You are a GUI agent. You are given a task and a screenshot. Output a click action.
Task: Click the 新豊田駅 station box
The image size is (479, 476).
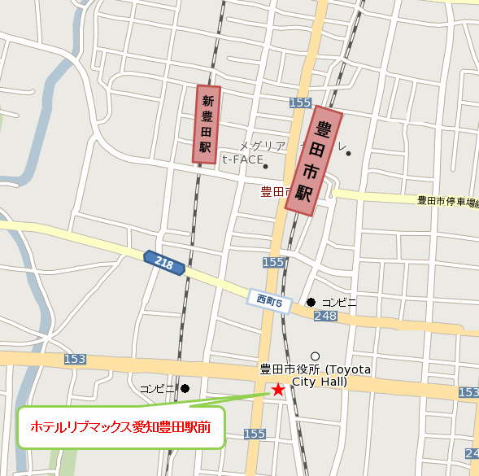tap(208, 124)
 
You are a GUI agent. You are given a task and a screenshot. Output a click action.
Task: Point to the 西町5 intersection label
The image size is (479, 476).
tap(268, 302)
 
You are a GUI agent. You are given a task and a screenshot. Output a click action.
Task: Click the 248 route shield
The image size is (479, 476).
tap(325, 316)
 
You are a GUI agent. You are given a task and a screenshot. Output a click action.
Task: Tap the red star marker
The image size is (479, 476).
tap(278, 390)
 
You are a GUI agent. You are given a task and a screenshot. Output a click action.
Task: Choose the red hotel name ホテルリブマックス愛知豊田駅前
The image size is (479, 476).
tap(120, 426)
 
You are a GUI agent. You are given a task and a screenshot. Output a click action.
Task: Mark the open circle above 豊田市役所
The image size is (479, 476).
tap(316, 356)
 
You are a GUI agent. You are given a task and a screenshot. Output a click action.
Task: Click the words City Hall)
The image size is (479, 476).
tap(320, 382)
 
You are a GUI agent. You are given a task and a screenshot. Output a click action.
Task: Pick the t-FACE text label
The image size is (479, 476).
tap(243, 159)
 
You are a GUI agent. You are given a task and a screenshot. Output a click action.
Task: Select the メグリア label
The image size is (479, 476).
tap(262, 146)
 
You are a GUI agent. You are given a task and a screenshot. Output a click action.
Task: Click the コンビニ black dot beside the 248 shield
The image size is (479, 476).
tap(311, 302)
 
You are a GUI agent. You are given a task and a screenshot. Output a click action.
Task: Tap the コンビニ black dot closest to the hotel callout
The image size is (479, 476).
tap(185, 388)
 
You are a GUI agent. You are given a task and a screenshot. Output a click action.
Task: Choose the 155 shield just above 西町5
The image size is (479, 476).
tap(274, 262)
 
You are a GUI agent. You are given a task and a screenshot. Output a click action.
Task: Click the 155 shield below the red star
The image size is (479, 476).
tap(255, 434)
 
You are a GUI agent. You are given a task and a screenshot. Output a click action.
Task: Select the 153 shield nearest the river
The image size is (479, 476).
tap(74, 359)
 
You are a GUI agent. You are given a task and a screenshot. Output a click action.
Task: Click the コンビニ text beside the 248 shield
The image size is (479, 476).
tap(339, 302)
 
